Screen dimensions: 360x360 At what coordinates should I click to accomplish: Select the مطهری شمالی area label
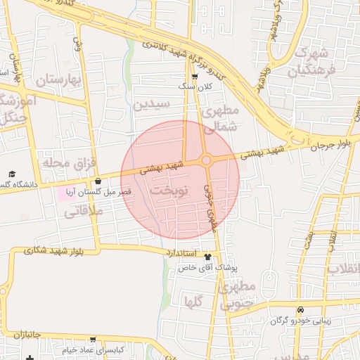pyautogui.click(x=221, y=119)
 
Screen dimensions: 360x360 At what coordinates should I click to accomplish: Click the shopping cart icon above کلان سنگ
pyautogui.click(x=195, y=77)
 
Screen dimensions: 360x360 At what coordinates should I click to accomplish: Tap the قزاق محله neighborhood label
pyautogui.click(x=68, y=163)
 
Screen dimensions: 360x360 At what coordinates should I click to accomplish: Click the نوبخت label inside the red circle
pyautogui.click(x=169, y=191)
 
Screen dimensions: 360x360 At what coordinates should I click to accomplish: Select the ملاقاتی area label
pyautogui.click(x=84, y=210)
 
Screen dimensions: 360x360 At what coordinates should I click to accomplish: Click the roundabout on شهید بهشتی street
pyautogui.click(x=206, y=160)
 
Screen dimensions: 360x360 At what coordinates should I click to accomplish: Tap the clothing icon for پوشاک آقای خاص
pyautogui.click(x=207, y=257)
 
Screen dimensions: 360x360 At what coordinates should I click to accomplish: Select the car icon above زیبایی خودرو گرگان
pyautogui.click(x=301, y=310)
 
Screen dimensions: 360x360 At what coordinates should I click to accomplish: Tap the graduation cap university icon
pyautogui.click(x=11, y=174)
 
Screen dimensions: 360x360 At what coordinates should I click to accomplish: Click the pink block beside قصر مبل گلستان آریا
pyautogui.click(x=64, y=192)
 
